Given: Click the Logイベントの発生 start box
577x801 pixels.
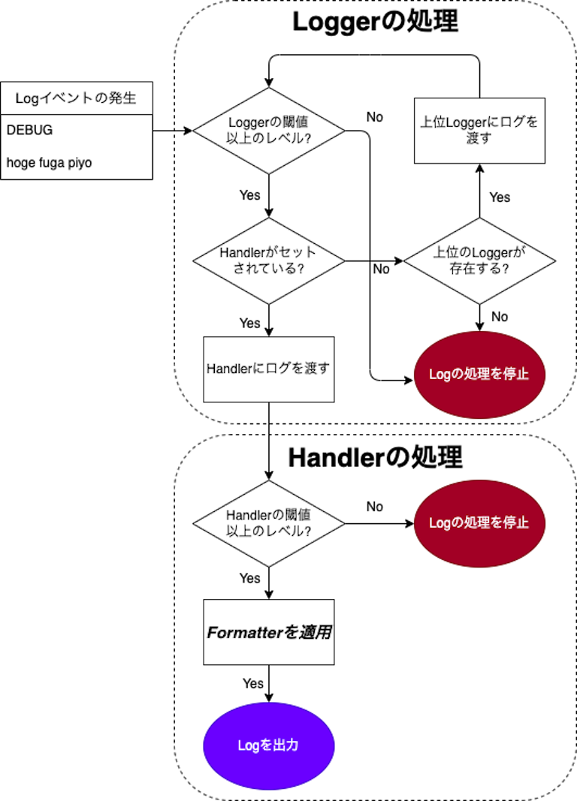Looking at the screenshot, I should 76,98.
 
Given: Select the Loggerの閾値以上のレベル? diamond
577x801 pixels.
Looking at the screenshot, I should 268,131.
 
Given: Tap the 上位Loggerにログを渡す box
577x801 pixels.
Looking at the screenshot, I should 479,131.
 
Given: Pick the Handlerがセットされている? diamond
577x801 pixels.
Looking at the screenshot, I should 268,261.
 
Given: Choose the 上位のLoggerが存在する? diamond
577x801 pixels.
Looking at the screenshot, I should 479,261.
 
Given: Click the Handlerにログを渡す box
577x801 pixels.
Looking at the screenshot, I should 268,369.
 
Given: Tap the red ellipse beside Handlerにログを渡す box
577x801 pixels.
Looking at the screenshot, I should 479,375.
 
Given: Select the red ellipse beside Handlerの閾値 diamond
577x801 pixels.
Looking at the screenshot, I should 479,523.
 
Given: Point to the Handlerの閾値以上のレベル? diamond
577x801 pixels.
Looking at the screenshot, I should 268,523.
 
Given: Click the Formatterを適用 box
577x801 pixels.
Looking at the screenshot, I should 268,632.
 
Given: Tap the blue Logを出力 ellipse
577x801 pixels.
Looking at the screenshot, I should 268,745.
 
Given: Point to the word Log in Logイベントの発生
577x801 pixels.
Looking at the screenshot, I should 27,98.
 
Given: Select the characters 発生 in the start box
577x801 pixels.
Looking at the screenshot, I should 123,98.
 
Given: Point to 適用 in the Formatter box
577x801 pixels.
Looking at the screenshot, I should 316,633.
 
